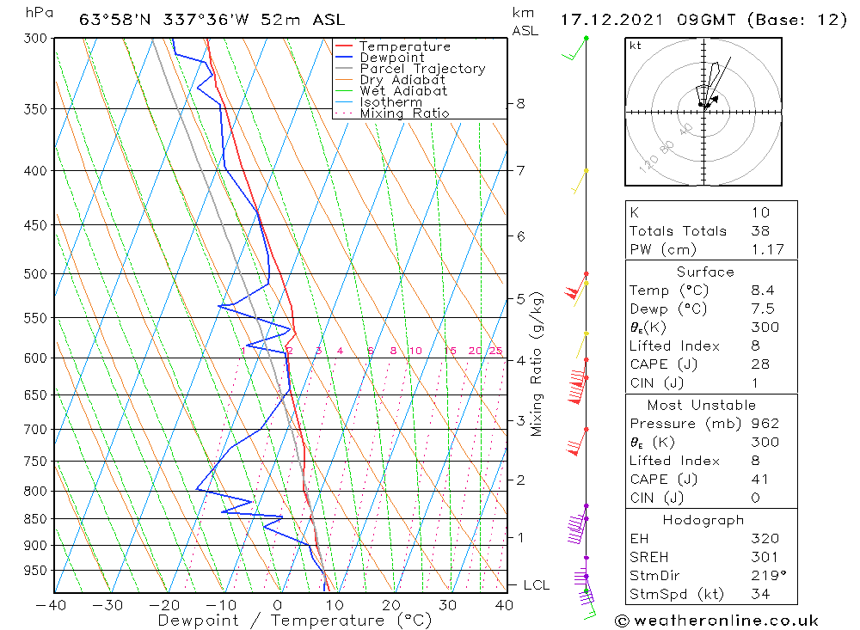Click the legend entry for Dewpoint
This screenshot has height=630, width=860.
392,58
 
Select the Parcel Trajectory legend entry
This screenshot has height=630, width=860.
422,69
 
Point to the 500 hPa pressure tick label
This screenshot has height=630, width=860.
34,274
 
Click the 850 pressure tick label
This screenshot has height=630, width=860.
34,519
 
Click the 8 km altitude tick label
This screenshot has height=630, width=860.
521,104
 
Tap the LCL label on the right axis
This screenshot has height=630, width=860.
536,585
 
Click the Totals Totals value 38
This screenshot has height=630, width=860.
759,231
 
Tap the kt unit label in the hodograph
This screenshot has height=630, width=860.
636,46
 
